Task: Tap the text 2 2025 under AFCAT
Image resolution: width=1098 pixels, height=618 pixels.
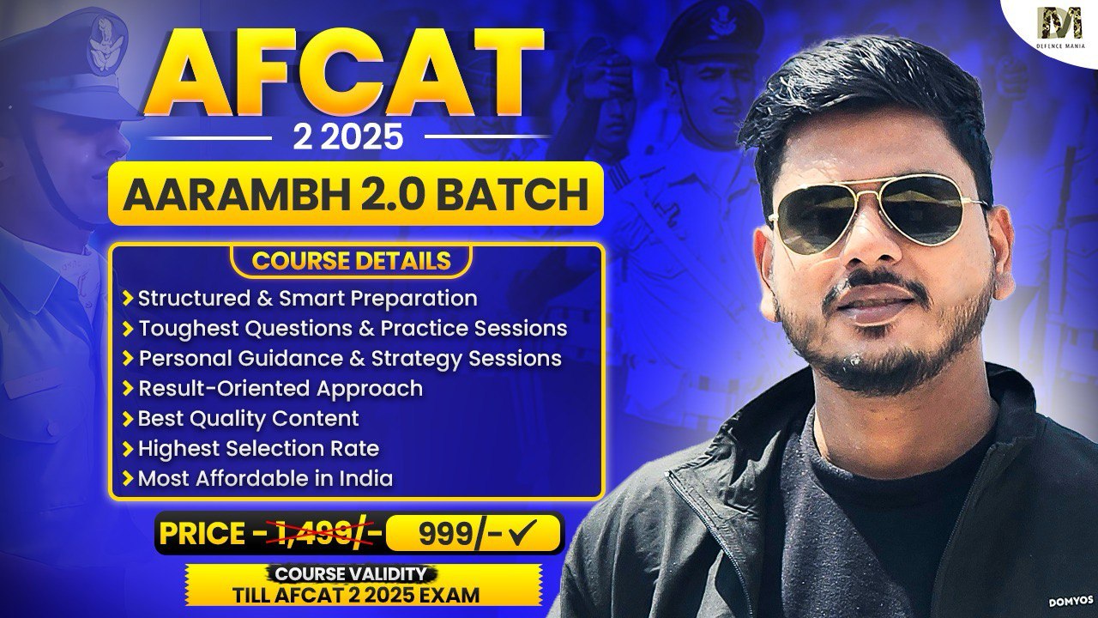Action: tap(348, 136)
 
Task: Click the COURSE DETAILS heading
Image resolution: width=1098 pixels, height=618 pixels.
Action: tap(351, 260)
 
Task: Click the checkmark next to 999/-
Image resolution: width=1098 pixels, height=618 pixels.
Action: tap(522, 532)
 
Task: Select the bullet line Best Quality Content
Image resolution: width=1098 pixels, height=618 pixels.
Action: tap(249, 418)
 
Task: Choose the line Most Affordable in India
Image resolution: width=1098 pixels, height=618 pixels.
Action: tap(265, 478)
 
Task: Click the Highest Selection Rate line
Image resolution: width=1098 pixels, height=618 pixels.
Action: tap(258, 448)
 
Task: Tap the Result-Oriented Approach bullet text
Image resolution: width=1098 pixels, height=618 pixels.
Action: tap(281, 389)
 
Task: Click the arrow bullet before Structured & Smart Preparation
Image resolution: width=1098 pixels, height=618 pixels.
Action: tap(128, 298)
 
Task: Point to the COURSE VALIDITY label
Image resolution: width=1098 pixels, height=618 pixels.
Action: tap(351, 574)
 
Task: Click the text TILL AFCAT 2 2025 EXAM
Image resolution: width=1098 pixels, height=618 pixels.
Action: tap(356, 595)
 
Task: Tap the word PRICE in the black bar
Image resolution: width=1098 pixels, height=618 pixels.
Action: tap(202, 534)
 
